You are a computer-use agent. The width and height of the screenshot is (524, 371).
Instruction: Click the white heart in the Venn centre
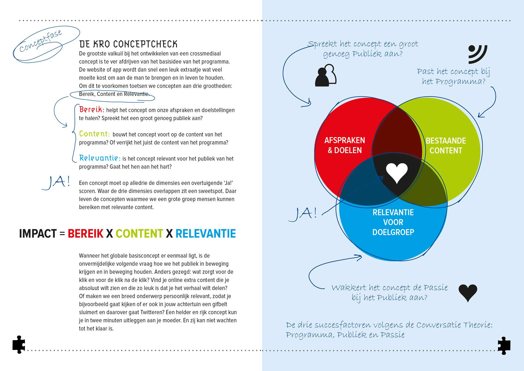coord(397,173)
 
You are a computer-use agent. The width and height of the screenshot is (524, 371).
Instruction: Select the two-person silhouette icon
coord(326,75)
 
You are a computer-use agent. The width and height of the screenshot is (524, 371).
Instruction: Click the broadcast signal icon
coord(477,54)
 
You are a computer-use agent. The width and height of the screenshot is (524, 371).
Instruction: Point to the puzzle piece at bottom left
coord(19,345)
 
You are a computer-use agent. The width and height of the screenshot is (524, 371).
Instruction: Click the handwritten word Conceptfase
coord(41,41)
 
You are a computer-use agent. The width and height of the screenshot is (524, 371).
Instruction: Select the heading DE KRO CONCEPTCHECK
coord(128,44)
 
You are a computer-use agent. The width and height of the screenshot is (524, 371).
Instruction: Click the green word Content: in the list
coord(94,134)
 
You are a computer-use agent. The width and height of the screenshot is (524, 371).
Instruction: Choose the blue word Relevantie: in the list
coord(100,158)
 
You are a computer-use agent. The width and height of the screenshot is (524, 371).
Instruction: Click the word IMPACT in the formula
coord(38,234)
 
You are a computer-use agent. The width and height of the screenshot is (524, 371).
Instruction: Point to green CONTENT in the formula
coord(139,234)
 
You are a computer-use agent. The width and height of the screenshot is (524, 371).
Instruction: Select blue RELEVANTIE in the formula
coord(206,234)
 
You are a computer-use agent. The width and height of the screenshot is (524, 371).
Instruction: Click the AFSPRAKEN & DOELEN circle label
coord(345,145)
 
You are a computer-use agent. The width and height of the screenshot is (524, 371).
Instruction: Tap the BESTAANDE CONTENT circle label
coord(446,146)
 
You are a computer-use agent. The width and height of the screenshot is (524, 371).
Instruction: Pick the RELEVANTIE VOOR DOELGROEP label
coord(393,222)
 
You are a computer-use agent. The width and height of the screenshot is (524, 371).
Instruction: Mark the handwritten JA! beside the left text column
coord(56,182)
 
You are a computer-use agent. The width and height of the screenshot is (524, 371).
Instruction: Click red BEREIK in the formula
coord(85,234)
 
